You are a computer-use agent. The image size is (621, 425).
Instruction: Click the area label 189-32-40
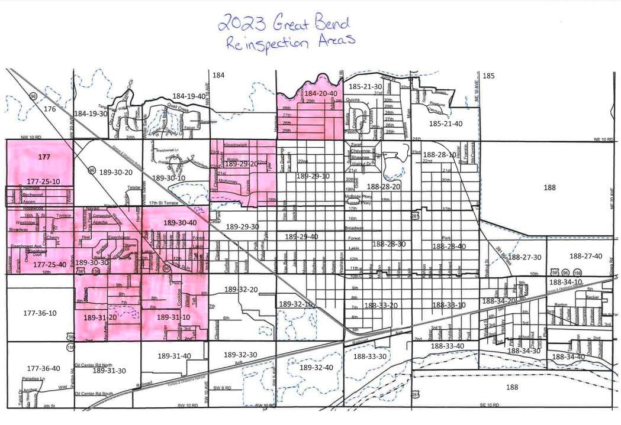point(317,367)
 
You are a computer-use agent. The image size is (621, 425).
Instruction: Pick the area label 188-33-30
point(369,356)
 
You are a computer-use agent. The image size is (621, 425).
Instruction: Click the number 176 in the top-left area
point(49,109)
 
